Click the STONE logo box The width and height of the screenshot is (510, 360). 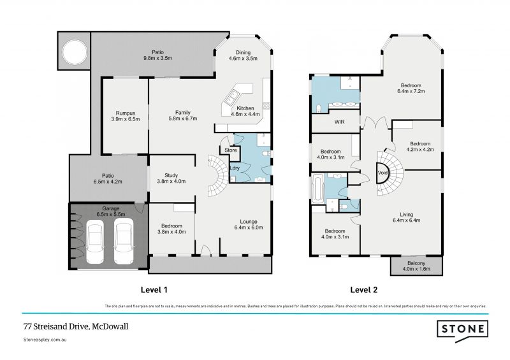(x=462, y=329)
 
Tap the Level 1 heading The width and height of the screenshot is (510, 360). (x=154, y=290)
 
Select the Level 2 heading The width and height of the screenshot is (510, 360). (x=364, y=290)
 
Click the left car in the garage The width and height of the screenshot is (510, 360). (x=96, y=242)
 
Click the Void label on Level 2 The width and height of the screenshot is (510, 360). (x=382, y=173)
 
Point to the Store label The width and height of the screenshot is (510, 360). (x=231, y=150)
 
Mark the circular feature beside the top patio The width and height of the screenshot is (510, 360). (x=73, y=55)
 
